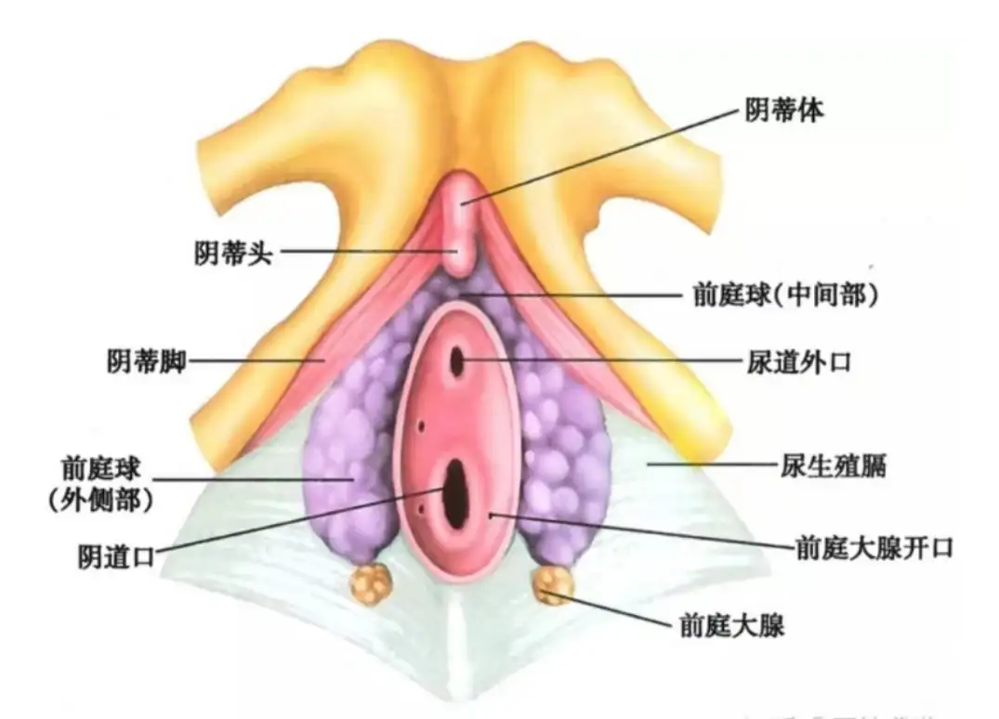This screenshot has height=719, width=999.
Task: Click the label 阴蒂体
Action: [x=784, y=111]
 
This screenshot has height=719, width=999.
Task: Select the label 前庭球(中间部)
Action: [x=785, y=294]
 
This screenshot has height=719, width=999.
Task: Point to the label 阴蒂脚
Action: [x=146, y=361]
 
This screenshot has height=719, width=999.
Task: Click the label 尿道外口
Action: [x=799, y=362]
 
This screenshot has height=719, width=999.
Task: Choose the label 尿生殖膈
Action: [x=834, y=465]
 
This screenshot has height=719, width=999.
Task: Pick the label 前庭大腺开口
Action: [x=874, y=548]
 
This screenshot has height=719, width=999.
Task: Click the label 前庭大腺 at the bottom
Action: [x=732, y=625]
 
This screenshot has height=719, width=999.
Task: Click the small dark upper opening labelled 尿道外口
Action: [x=457, y=360]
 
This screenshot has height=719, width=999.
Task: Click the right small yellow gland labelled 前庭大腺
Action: [x=552, y=584]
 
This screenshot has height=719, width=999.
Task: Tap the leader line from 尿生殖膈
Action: [x=714, y=464]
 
